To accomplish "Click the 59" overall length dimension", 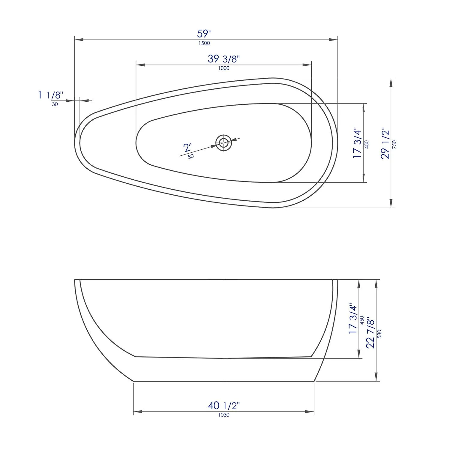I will pos(204,33).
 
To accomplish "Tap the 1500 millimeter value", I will pos(204,43).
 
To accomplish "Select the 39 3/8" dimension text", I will pos(223,59).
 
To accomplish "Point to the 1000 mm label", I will pos(224,68).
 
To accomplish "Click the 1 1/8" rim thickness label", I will pos(51,95).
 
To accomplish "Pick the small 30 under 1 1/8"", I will pos(55,104).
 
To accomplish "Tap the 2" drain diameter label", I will pos(187,148).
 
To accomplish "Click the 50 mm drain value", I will pos(191,156).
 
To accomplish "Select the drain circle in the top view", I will pos(223,143).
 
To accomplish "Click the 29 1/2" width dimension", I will pos(385,144).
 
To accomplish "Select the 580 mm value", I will pos(379,334).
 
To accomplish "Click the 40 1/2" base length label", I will pos(224,406).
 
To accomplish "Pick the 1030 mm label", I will pos(224,415).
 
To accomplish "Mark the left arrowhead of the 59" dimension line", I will pos(79,40).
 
